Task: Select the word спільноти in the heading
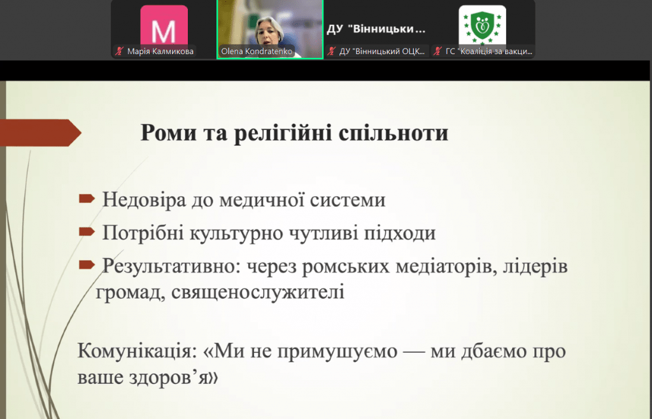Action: [x=393, y=133]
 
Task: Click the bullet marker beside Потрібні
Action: [x=87, y=231]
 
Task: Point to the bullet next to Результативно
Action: [x=87, y=264]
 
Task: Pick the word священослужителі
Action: [x=258, y=292]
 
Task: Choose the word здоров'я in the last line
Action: [x=178, y=378]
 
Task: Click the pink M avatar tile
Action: [x=164, y=25]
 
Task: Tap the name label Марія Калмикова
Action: [x=160, y=52]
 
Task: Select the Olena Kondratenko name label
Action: [x=257, y=52]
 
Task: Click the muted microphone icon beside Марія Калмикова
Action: [x=120, y=52]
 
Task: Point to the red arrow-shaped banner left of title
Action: [x=40, y=133]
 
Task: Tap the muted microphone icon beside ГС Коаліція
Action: [x=437, y=52]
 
